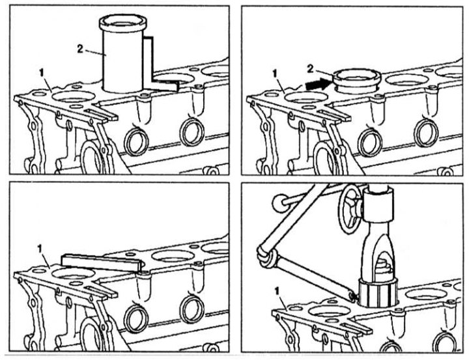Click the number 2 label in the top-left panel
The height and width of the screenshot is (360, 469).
pos(80,49)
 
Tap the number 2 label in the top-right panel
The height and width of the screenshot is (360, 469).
pos(310,69)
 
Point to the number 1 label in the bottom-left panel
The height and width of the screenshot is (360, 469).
pos(39,249)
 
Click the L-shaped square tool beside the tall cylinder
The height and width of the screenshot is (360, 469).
pos(160,64)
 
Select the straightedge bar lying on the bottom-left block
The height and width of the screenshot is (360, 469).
pos(101,262)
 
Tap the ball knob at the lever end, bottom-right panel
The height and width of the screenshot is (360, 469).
pos(279,203)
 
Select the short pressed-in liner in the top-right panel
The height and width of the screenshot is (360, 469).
pos(356,81)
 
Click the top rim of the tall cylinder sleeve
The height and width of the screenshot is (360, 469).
pos(122,21)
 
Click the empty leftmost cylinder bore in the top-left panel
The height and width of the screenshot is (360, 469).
pos(73,97)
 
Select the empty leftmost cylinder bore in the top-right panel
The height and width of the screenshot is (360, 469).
pos(306,98)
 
